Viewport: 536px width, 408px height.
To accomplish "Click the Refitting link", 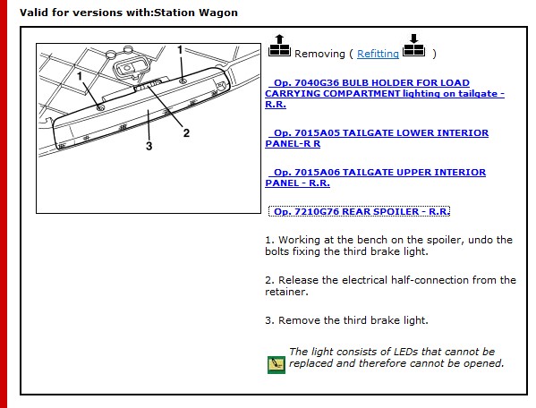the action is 378,54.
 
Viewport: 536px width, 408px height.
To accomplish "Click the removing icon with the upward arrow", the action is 279,46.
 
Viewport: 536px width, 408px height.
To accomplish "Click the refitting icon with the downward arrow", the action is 414,45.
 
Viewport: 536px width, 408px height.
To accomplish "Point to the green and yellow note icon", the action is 277,364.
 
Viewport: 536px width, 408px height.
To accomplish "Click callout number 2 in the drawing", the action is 186,132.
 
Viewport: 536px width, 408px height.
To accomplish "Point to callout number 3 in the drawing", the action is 149,146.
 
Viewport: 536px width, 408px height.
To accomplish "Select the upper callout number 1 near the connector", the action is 180,50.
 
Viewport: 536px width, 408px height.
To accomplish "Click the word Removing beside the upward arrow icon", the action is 319,54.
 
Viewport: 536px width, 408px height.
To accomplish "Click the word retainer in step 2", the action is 286,292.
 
